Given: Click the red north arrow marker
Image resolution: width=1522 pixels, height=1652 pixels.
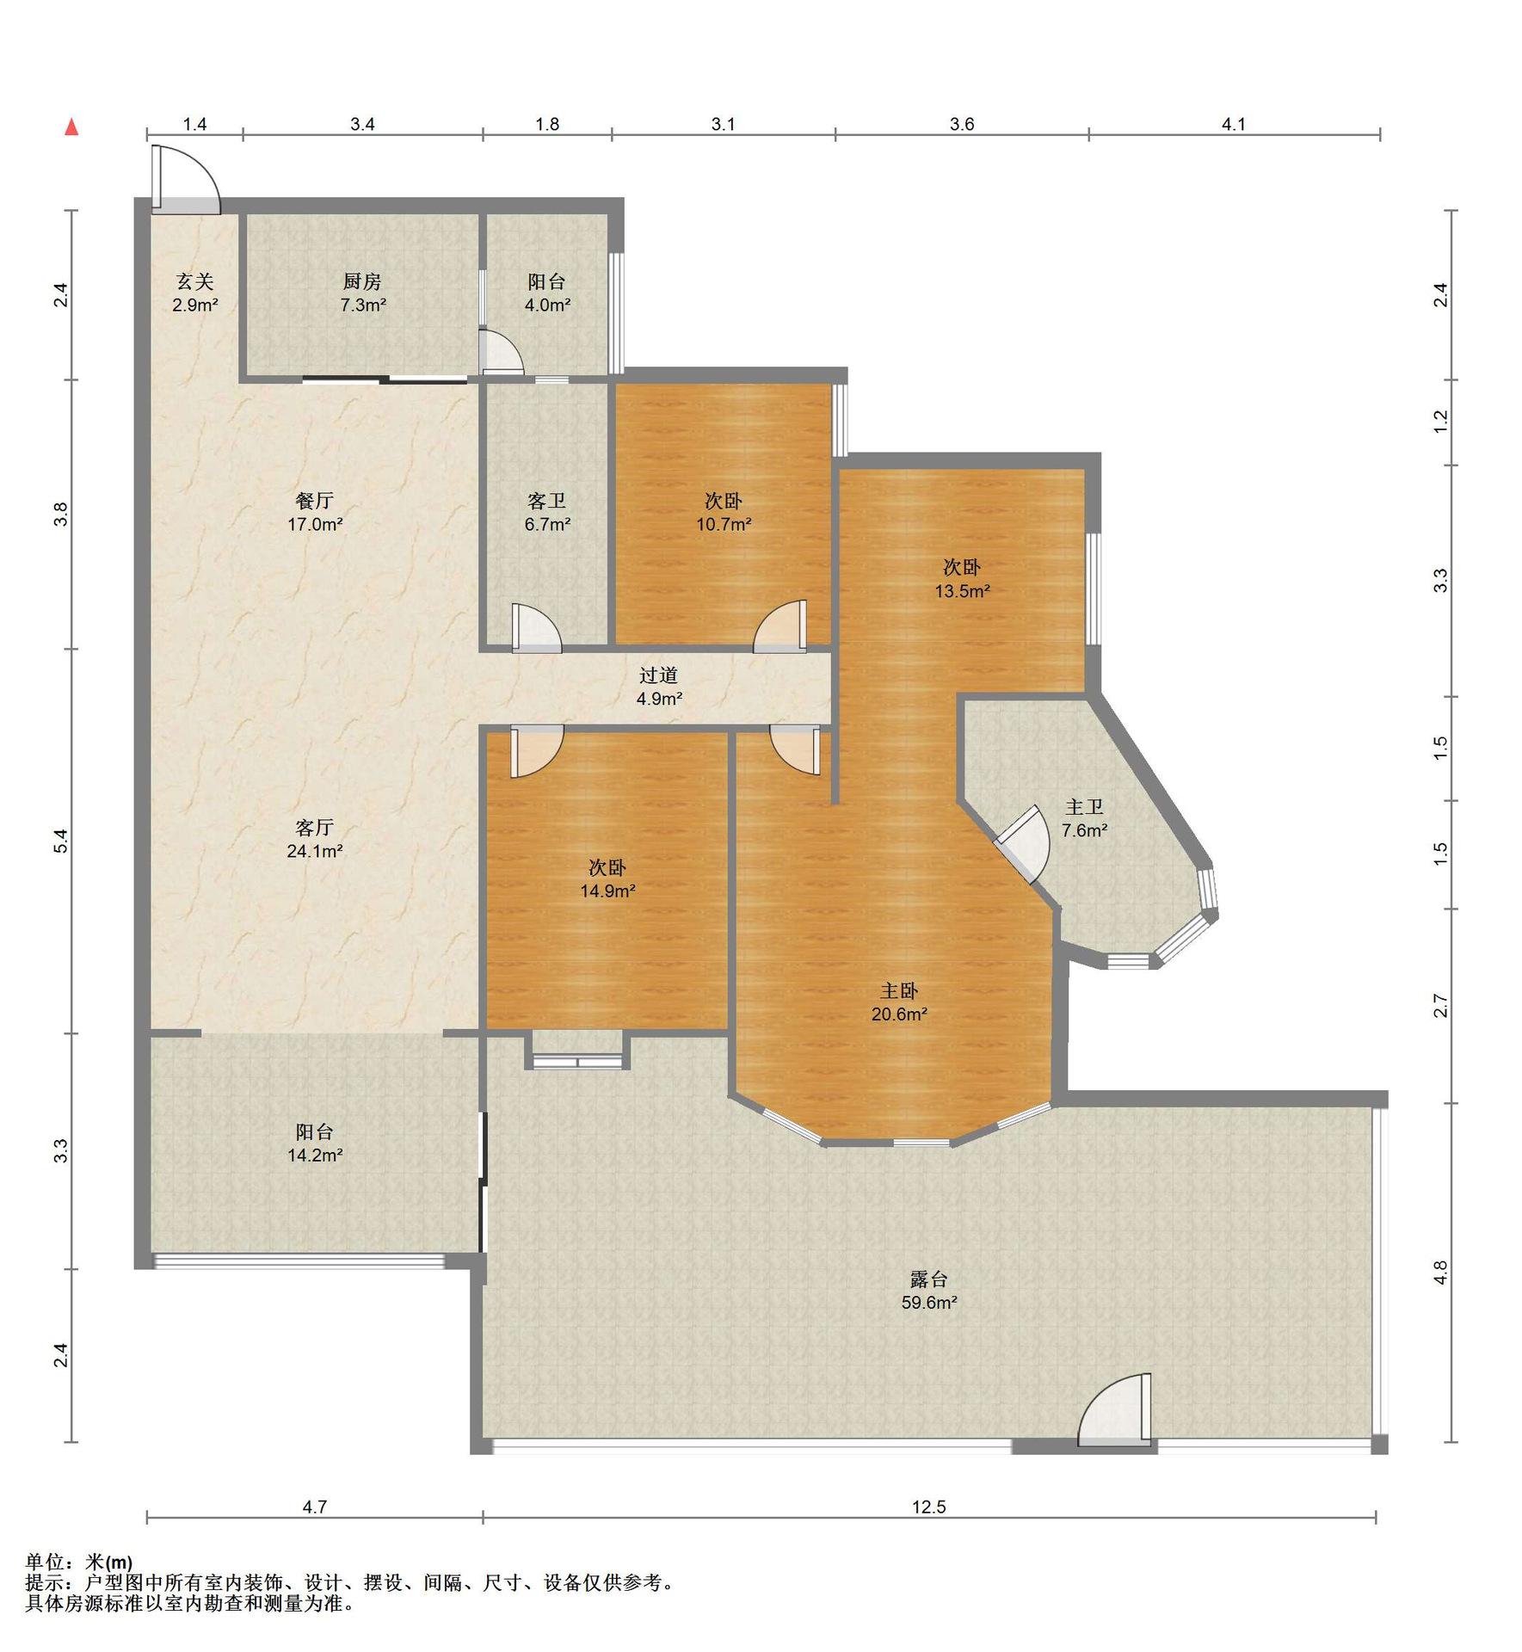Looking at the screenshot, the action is [x=72, y=127].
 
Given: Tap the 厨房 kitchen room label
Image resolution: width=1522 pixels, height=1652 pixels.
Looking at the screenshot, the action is [x=362, y=281].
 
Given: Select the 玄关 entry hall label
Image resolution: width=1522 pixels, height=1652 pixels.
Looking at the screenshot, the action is [x=194, y=281].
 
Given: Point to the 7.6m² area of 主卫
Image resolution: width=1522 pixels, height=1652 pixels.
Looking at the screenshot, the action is [x=1084, y=831].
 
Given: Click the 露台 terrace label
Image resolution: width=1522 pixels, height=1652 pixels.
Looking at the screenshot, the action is [x=929, y=1279].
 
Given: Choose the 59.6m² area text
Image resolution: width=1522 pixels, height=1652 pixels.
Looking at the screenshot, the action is [x=929, y=1303].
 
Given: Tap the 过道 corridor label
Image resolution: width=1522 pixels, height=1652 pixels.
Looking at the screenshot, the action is [x=659, y=675].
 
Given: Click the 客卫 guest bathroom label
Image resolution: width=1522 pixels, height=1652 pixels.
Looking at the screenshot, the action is [x=547, y=501].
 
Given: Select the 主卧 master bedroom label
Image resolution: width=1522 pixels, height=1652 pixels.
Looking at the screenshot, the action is [x=899, y=990].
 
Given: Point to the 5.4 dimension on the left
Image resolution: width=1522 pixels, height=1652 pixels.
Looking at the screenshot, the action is [x=59, y=841].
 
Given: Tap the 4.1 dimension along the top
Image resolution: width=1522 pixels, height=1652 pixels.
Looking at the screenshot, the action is [x=1234, y=124].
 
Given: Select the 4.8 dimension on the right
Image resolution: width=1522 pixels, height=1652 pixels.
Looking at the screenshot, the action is [x=1441, y=1272].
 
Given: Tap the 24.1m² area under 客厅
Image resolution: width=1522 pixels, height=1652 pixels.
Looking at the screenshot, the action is [x=315, y=852].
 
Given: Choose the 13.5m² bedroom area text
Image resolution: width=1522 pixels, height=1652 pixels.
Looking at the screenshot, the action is [x=963, y=591].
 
